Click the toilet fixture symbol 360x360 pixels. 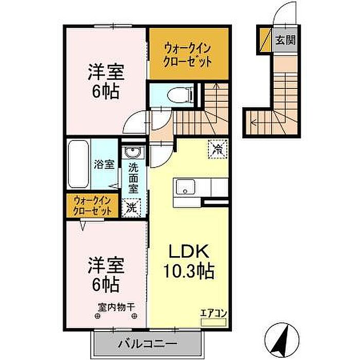click(x=180, y=95)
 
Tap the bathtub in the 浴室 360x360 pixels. click(x=79, y=164)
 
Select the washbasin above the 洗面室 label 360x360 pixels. click(x=133, y=152)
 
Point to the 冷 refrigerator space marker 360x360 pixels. click(x=218, y=149)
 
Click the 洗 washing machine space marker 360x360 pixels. click(x=131, y=208)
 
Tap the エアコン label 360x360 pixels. click(x=213, y=313)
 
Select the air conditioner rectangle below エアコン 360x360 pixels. click(x=213, y=322)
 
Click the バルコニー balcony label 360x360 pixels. click(x=148, y=344)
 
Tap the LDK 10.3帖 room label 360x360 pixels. click(x=189, y=261)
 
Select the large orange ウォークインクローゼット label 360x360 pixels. click(x=187, y=55)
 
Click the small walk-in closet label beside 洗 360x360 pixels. click(x=92, y=206)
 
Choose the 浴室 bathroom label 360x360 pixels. click(x=104, y=165)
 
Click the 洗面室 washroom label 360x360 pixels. click(x=133, y=178)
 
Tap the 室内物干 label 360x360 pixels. click(x=116, y=307)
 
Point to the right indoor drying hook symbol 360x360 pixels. click(x=134, y=316)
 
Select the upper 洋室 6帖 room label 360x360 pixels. click(x=106, y=81)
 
